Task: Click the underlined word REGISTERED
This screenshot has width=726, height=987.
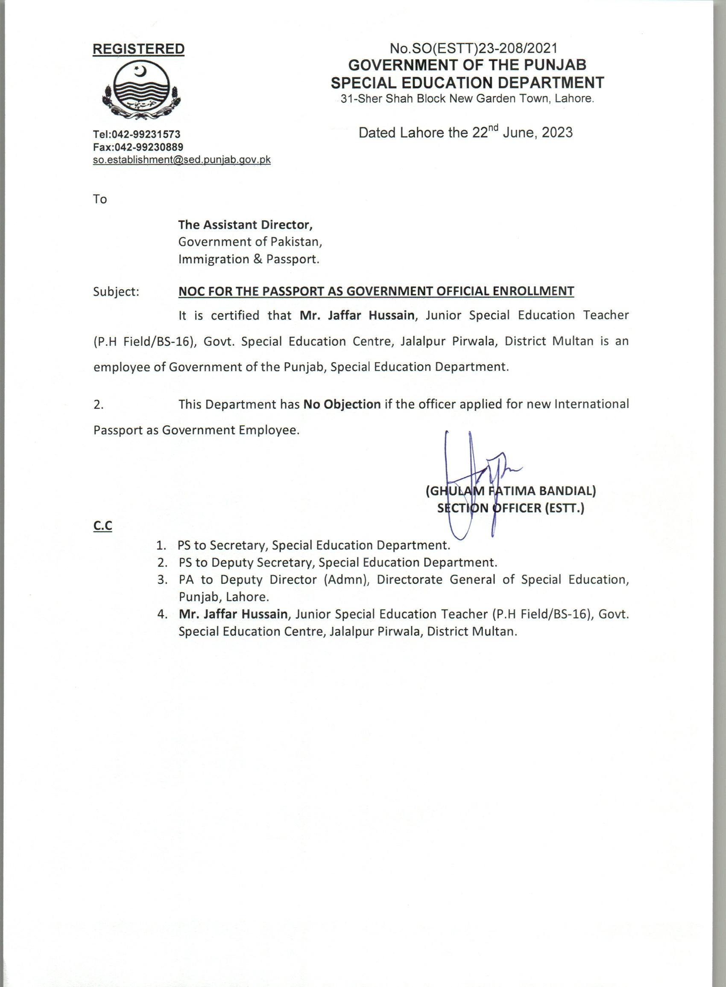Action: pyautogui.click(x=138, y=49)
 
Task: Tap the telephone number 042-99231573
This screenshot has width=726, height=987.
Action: pyautogui.click(x=146, y=134)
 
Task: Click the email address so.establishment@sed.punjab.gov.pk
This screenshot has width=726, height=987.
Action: pyautogui.click(x=181, y=160)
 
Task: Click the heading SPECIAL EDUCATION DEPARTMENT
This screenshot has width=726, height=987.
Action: pyautogui.click(x=467, y=82)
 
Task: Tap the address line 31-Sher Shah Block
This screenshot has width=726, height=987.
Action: pyautogui.click(x=468, y=99)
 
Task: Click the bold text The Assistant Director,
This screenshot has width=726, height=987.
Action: pyautogui.click(x=245, y=225)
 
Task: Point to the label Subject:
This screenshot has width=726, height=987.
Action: pyautogui.click(x=116, y=291)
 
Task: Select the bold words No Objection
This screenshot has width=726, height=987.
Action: pyautogui.click(x=342, y=404)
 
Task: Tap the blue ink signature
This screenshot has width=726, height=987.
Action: pyautogui.click(x=474, y=479)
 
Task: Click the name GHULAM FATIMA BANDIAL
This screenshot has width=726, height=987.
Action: pyautogui.click(x=511, y=491)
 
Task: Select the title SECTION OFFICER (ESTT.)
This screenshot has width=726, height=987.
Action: pyautogui.click(x=511, y=508)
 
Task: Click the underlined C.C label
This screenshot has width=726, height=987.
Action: pyautogui.click(x=102, y=526)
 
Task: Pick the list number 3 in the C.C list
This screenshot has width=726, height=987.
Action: pyautogui.click(x=162, y=580)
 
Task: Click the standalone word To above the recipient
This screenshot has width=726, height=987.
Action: pyautogui.click(x=100, y=199)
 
